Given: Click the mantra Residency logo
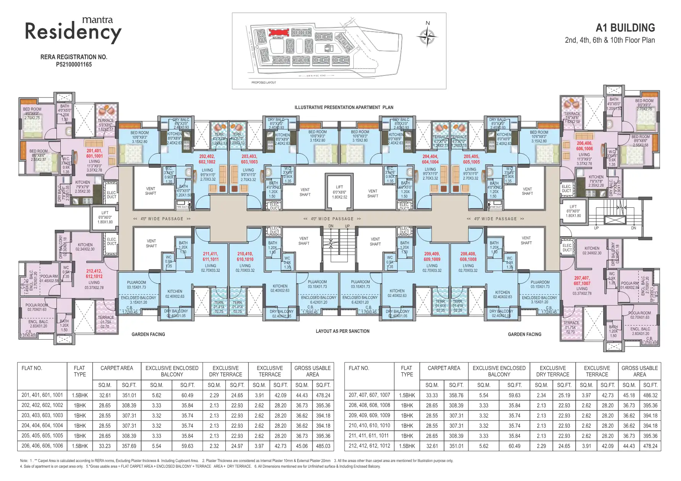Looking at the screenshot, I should click(73, 29).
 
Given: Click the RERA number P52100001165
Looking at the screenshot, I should click(74, 64).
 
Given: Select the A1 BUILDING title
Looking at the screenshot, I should click(625, 28).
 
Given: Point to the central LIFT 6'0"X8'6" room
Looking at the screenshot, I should click(339, 192).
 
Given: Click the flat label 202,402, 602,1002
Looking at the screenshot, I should click(207, 159).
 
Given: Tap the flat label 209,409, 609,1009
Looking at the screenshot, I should click(432, 256).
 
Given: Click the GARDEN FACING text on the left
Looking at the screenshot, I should click(148, 334).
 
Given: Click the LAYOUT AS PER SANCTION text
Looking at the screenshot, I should click(342, 331).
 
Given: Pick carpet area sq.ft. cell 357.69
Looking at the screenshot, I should click(129, 446).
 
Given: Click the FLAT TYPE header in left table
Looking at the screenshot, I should click(79, 371).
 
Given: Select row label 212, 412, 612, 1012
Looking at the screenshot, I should click(369, 446).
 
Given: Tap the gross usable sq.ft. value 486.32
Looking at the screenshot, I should click(650, 395).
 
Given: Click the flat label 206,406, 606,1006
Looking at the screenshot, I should click(584, 146).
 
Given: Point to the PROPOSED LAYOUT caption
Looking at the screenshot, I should click(263, 82).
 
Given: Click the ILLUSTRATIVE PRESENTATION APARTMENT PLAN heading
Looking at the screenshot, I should click(343, 107).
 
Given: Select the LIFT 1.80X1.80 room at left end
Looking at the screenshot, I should click(105, 217).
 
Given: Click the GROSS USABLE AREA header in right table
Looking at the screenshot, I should click(639, 371).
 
